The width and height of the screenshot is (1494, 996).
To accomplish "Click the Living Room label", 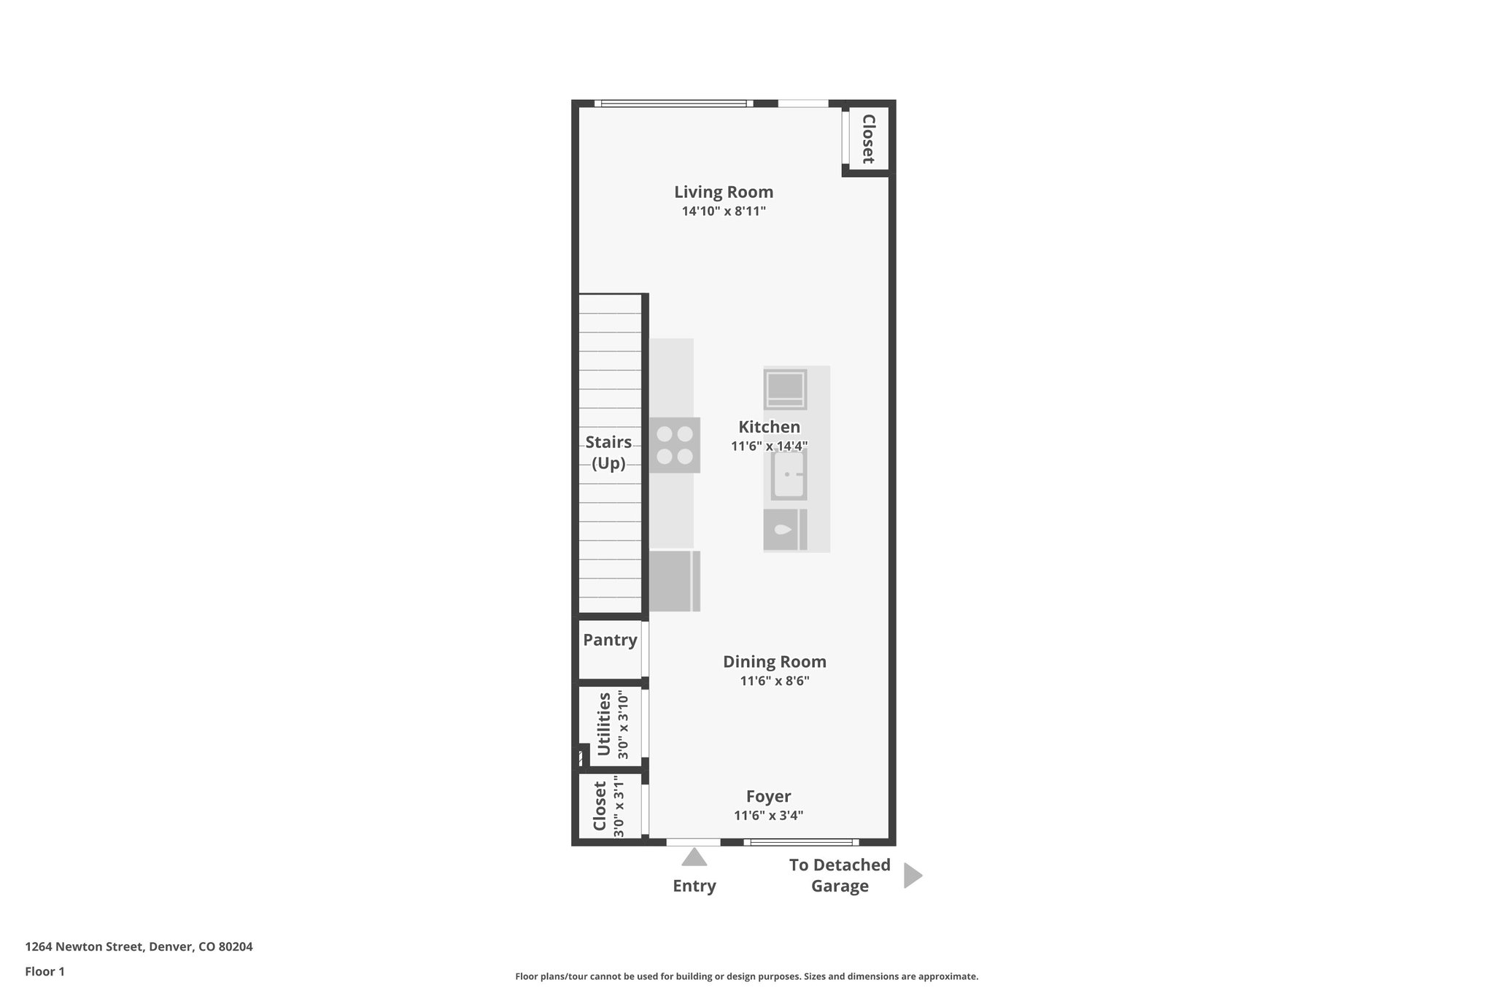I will click(x=723, y=192).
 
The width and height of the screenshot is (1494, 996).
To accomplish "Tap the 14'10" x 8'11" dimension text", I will click(x=723, y=212).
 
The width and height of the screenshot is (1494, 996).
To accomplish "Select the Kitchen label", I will click(x=769, y=427).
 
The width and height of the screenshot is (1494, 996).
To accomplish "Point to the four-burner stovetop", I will click(x=674, y=445).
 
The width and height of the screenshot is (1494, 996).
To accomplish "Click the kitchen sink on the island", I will click(x=789, y=475).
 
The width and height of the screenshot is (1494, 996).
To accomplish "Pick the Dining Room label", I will click(x=774, y=662).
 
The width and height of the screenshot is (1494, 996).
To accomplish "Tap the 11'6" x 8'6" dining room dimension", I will click(x=774, y=681).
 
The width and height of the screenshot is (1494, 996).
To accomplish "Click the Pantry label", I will click(x=610, y=640).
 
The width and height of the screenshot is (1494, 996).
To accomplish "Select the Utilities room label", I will click(x=603, y=725).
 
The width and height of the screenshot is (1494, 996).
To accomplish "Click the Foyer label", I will click(x=768, y=796).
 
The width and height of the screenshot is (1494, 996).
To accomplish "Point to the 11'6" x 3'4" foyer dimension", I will click(x=768, y=816).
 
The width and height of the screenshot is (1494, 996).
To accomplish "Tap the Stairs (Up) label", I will click(x=608, y=452).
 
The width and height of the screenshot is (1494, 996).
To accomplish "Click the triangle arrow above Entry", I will click(x=694, y=857).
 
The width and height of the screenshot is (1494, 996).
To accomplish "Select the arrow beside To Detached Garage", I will click(x=912, y=876).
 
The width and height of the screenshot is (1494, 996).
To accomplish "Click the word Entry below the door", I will click(x=694, y=886).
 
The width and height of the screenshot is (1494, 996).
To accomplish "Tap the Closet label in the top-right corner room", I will click(x=868, y=139).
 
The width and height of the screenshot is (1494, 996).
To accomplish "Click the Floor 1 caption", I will click(x=44, y=971).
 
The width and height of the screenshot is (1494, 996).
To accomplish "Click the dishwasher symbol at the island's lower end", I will click(x=785, y=530).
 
